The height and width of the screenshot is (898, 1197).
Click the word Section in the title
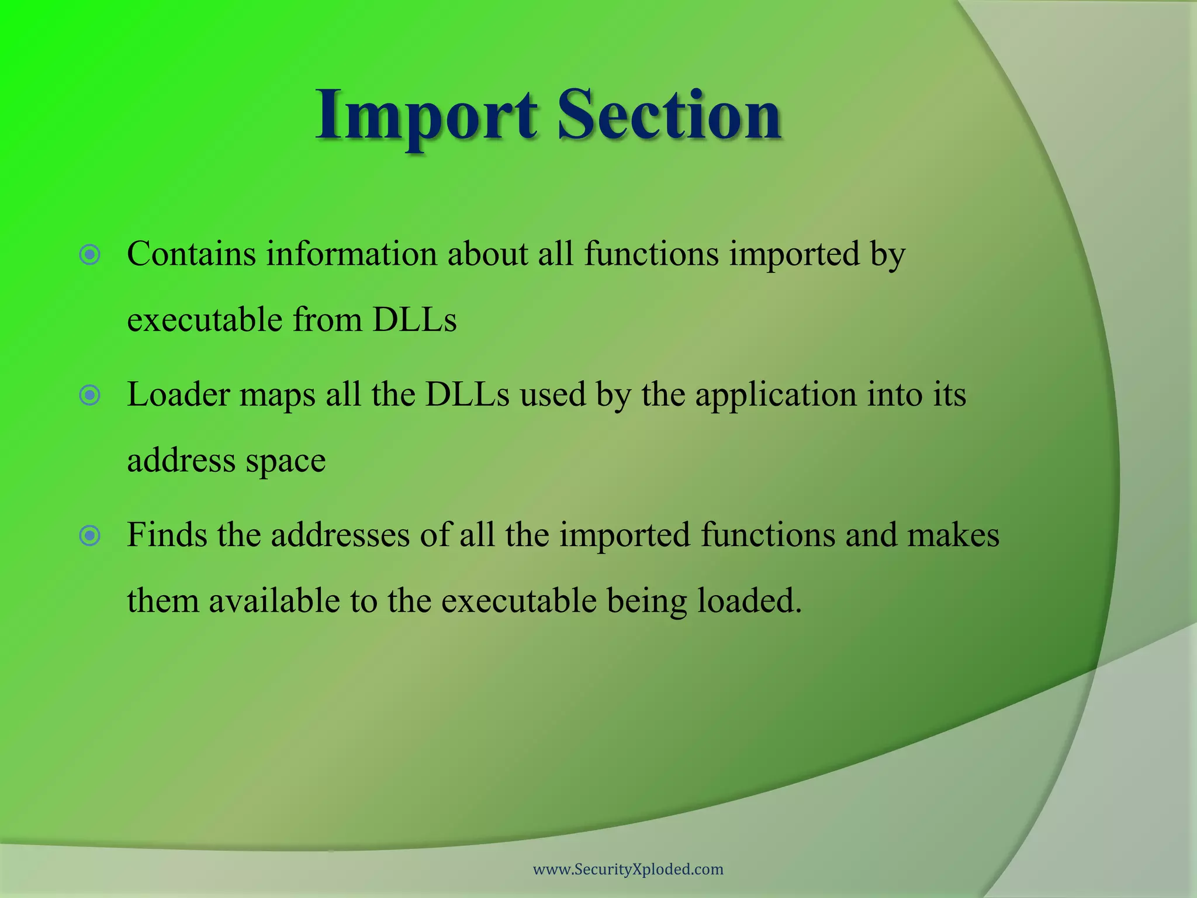[x=669, y=115]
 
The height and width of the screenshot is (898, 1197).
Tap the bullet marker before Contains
[x=90, y=255]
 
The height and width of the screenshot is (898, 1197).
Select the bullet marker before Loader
[x=90, y=396]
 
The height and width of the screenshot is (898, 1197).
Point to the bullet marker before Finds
[x=90, y=536]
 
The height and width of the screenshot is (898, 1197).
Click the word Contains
[x=192, y=254]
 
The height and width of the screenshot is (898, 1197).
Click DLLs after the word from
[x=414, y=320]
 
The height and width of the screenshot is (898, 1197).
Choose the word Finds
[x=167, y=535]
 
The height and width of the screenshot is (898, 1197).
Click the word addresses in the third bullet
[x=340, y=535]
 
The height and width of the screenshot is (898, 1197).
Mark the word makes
[x=953, y=535]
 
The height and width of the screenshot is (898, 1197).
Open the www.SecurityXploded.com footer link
[x=628, y=869]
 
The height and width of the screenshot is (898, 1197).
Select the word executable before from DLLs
[x=205, y=320]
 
